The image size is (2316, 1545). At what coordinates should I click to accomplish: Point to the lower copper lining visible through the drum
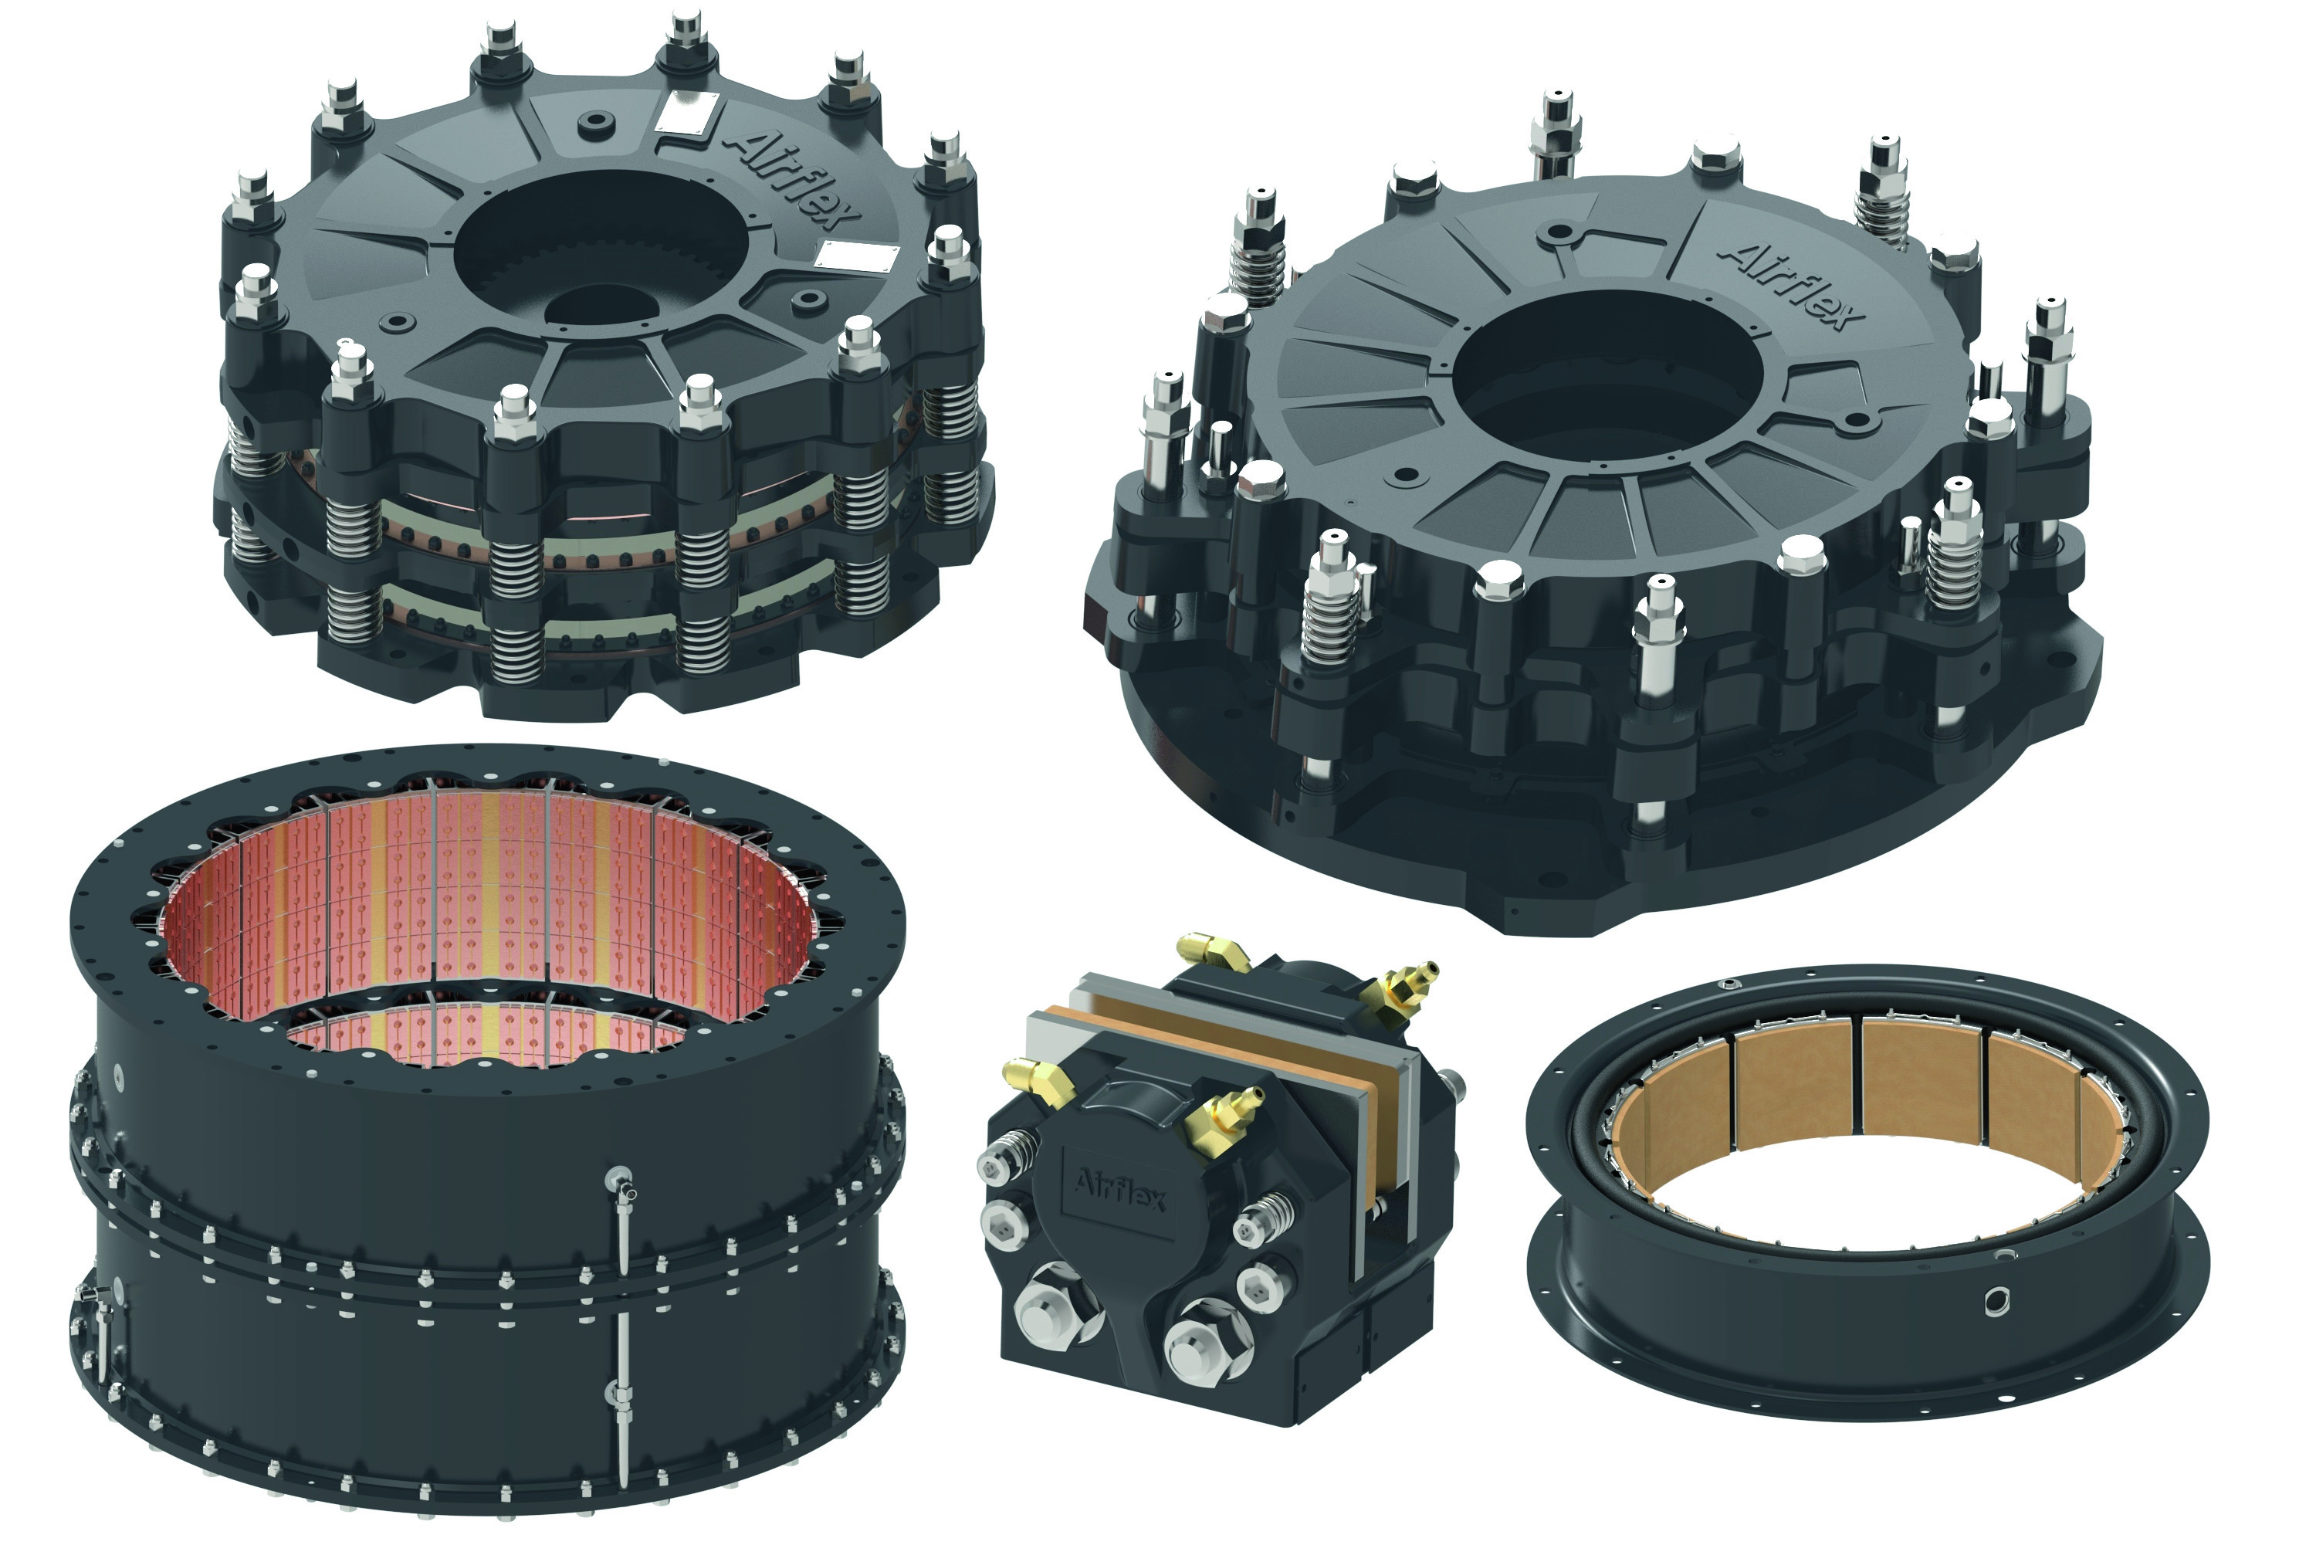(493, 1038)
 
